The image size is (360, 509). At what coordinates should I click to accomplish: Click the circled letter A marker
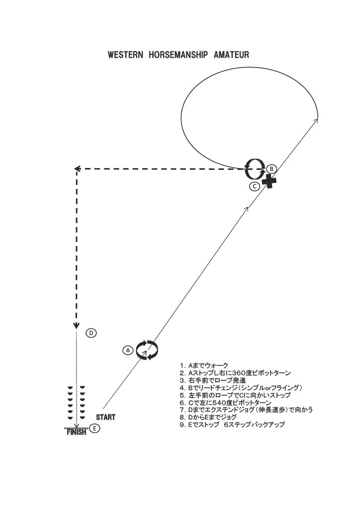tap(128, 350)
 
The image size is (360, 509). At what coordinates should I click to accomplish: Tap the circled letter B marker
tap(271, 169)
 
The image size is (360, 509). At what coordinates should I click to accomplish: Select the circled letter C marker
tap(255, 186)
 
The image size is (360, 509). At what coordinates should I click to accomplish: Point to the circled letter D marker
tap(91, 333)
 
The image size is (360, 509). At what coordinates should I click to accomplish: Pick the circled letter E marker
tap(94, 428)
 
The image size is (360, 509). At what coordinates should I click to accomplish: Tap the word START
tap(105, 417)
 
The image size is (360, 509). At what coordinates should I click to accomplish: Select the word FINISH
tap(76, 432)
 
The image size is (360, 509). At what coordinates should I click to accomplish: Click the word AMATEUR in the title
tap(231, 55)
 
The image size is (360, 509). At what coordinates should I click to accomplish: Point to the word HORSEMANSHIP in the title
tap(178, 55)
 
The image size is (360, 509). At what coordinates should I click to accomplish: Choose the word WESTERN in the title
tap(125, 55)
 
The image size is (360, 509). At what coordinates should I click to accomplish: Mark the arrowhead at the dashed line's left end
tap(77, 169)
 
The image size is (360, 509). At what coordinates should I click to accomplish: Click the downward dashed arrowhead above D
tap(76, 326)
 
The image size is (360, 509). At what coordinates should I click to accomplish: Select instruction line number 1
tap(204, 365)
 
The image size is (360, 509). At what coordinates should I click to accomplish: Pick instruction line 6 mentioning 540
tap(225, 403)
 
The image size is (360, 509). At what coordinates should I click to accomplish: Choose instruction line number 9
tap(232, 424)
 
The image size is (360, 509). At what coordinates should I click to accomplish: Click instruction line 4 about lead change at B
tap(241, 388)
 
